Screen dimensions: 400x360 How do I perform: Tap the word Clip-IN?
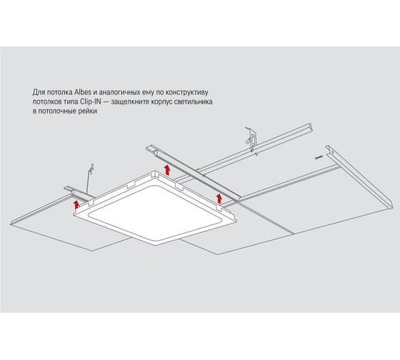(91, 101)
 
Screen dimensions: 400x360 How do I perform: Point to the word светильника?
(193, 101)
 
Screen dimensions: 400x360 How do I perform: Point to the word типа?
(71, 102)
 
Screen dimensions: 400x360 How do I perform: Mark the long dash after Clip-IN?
(106, 102)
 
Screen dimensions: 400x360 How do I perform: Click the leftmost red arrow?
(76, 204)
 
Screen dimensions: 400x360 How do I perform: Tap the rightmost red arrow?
(219, 199)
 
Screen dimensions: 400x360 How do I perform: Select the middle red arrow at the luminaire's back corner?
(167, 170)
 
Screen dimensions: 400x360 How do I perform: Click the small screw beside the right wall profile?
(319, 157)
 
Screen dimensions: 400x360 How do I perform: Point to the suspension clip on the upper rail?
(251, 140)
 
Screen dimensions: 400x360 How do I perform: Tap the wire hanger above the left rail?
(89, 179)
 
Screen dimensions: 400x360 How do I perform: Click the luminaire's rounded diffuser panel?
(154, 213)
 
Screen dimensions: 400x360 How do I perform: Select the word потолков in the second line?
(46, 102)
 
